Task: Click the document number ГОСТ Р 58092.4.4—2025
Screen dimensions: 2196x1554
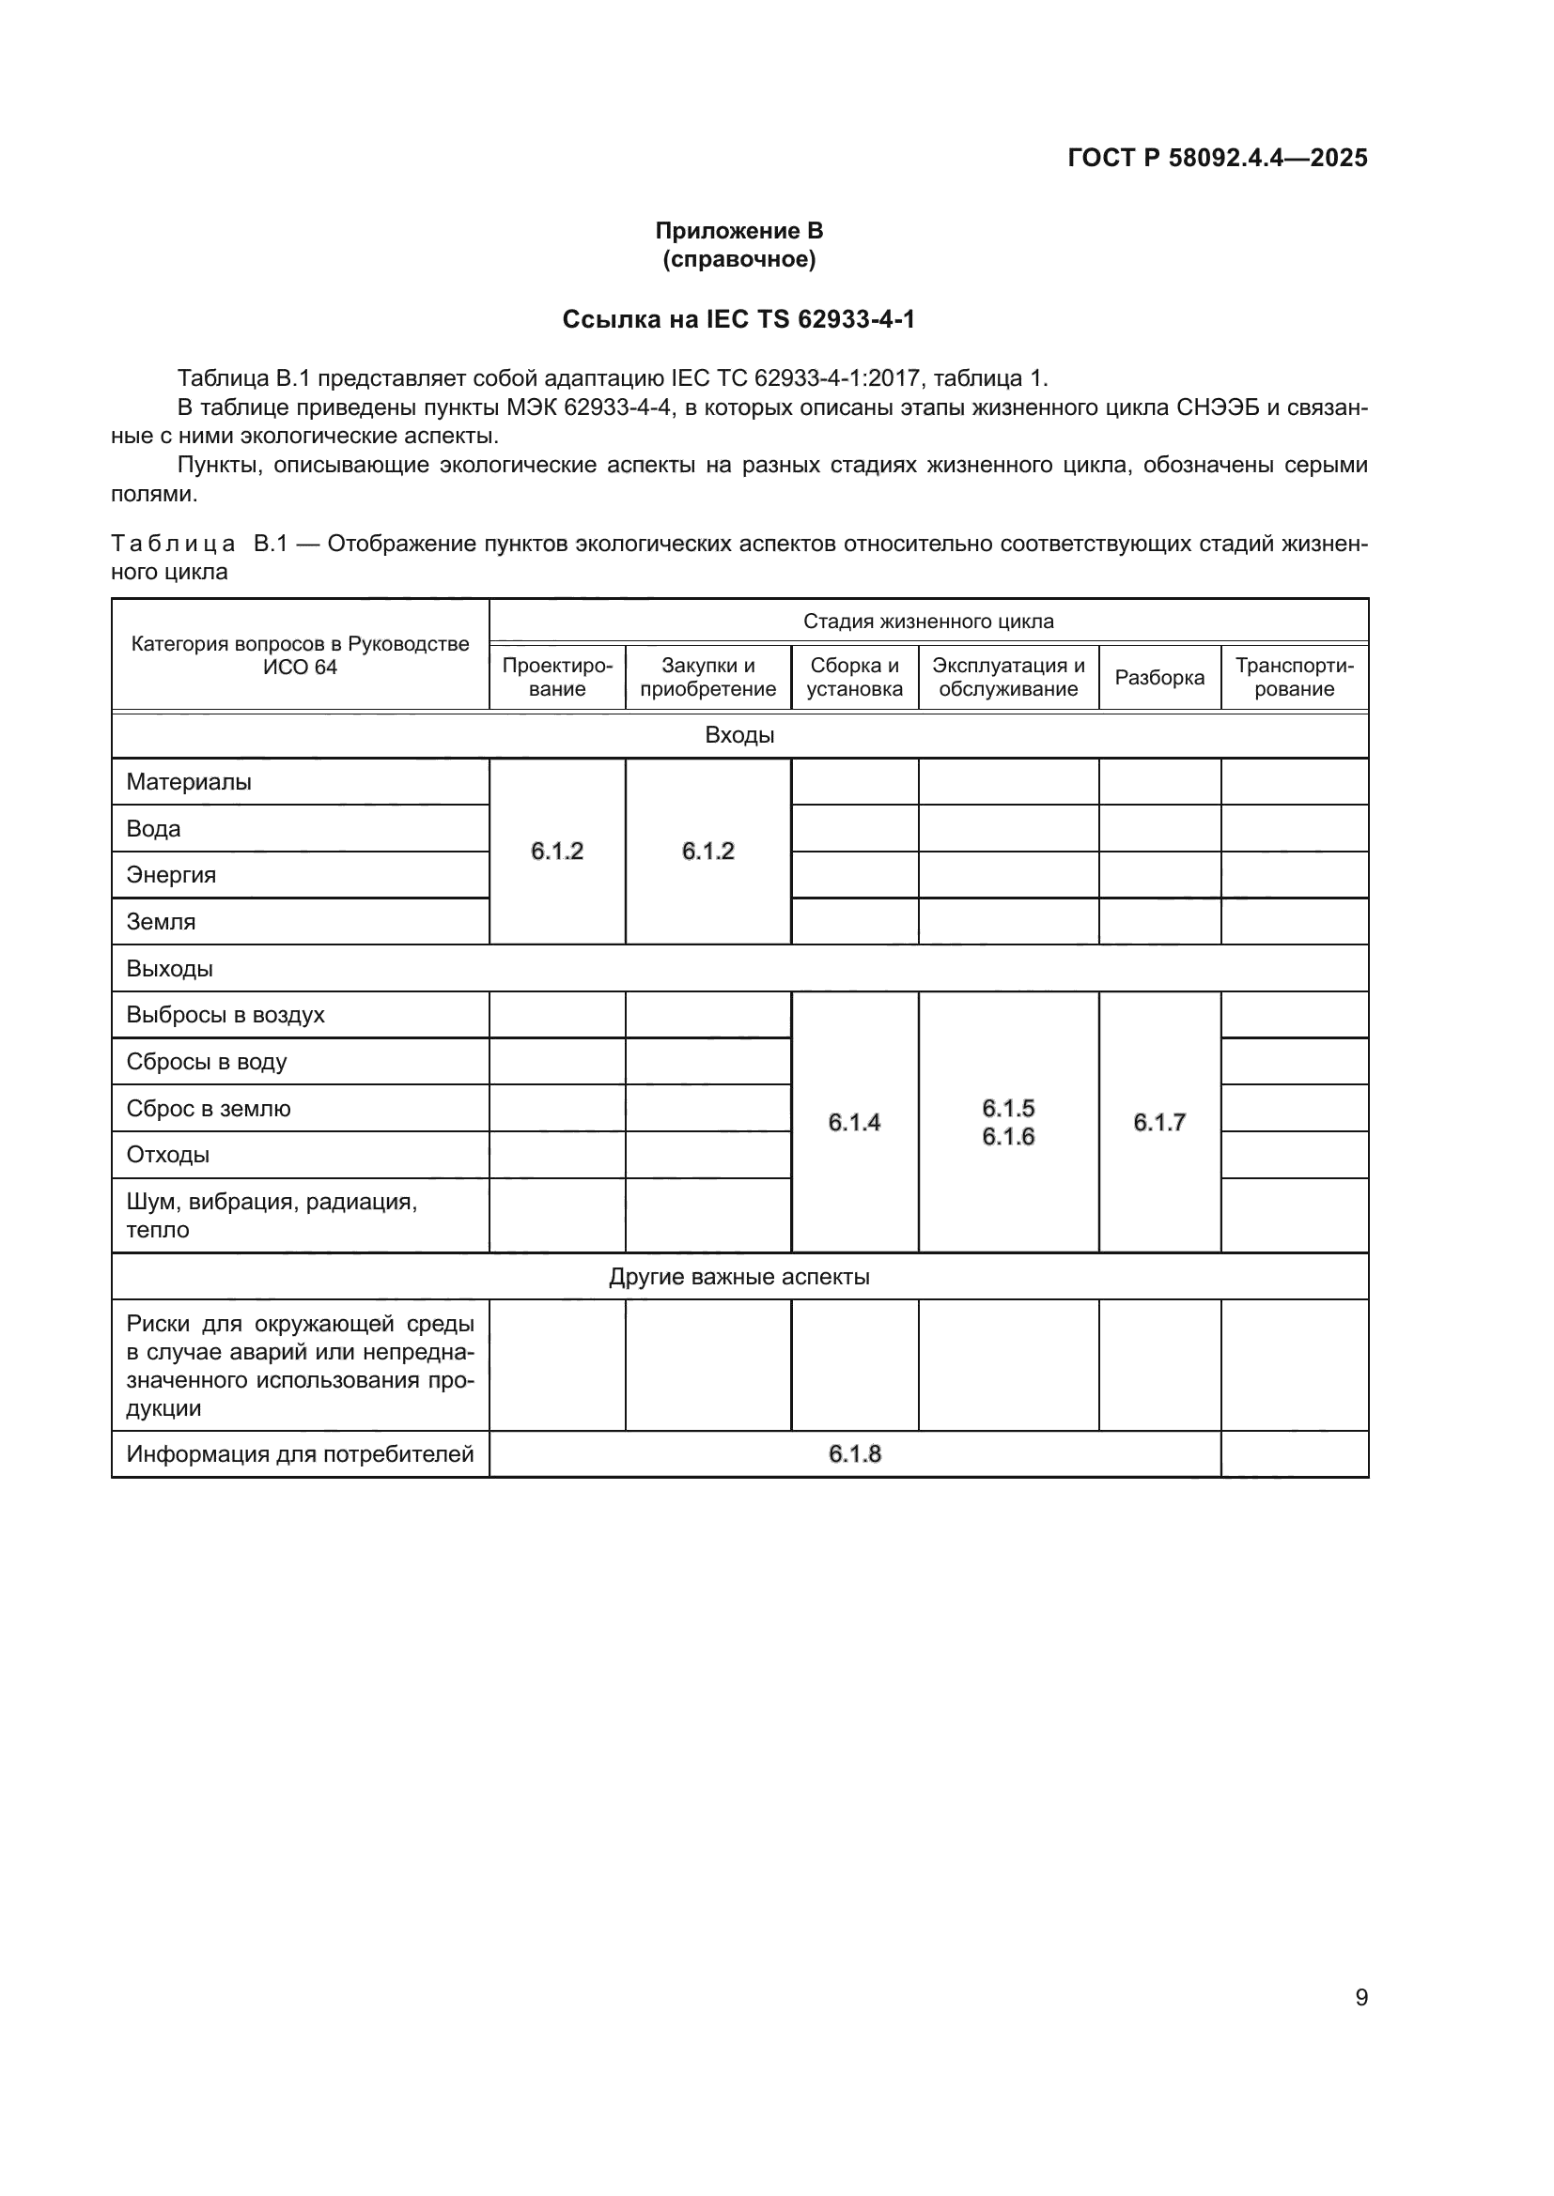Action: tap(1216, 158)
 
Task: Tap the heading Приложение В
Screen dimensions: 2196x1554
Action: tap(738, 231)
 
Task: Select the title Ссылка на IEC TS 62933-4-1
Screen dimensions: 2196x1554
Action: tap(738, 319)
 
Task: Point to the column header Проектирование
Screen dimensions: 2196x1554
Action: tap(557, 677)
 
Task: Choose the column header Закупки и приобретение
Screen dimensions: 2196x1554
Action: tap(708, 677)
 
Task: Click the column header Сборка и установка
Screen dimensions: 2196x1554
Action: tap(854, 677)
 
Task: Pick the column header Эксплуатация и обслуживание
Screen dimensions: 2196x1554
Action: tap(1008, 677)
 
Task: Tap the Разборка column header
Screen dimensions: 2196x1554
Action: tap(1159, 678)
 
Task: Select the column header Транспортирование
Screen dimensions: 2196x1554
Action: tap(1294, 677)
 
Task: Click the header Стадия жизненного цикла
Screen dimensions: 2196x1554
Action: tap(928, 622)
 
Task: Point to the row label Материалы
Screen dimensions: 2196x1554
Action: tap(189, 782)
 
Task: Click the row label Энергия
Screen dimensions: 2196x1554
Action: tap(171, 875)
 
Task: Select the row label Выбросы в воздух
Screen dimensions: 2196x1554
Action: tap(225, 1015)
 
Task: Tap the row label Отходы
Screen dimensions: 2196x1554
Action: tap(167, 1155)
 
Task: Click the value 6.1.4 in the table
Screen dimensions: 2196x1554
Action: tap(854, 1123)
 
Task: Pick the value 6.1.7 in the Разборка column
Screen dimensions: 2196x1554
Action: tap(1159, 1123)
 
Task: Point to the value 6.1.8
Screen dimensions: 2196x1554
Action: tap(854, 1454)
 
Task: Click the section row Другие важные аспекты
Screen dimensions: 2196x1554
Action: tap(738, 1277)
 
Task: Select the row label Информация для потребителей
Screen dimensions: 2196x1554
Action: tap(300, 1454)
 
